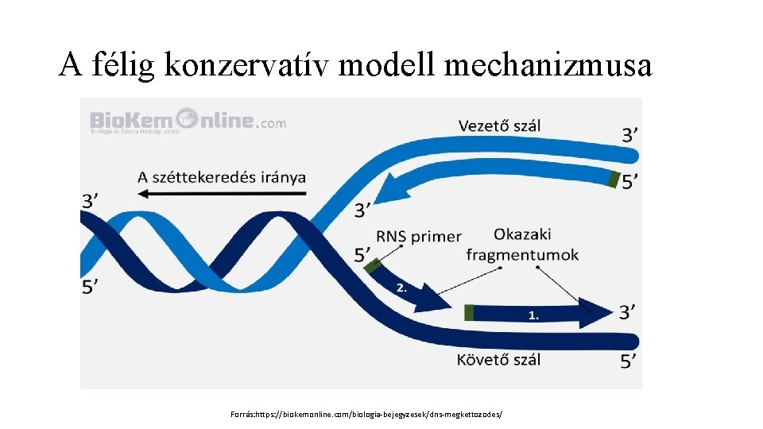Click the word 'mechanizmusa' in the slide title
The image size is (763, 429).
pyautogui.click(x=548, y=65)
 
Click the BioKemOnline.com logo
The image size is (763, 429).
pyautogui.click(x=188, y=121)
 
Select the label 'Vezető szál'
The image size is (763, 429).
pyautogui.click(x=499, y=125)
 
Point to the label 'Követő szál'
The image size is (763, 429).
pyautogui.click(x=498, y=359)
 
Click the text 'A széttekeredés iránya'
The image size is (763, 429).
pyautogui.click(x=222, y=176)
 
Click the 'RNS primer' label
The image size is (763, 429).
pyautogui.click(x=419, y=236)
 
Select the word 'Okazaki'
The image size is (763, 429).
pyautogui.click(x=522, y=234)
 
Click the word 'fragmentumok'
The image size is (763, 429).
pyautogui.click(x=522, y=255)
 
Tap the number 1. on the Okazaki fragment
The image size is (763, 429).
pyautogui.click(x=533, y=315)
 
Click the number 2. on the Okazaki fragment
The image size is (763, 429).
pyautogui.click(x=401, y=288)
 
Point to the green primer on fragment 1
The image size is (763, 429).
pyautogui.click(x=469, y=312)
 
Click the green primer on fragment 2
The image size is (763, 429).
pyautogui.click(x=371, y=266)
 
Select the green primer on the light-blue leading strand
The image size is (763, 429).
pyautogui.click(x=612, y=179)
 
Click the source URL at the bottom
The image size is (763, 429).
pyautogui.click(x=366, y=415)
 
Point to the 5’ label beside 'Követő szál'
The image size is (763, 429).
pyautogui.click(x=628, y=361)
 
